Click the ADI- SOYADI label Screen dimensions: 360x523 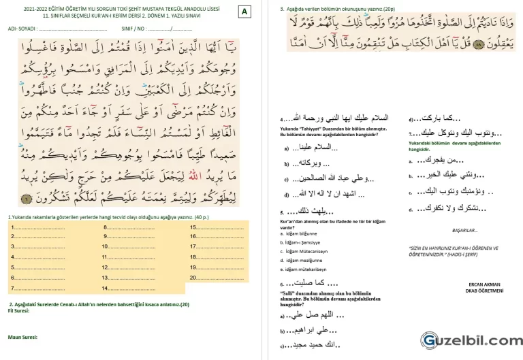pos(22,29)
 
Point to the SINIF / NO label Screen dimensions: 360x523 pos(135,29)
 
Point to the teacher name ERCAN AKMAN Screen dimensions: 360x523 pos(486,284)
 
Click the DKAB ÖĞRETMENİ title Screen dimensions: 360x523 pos(486,291)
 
